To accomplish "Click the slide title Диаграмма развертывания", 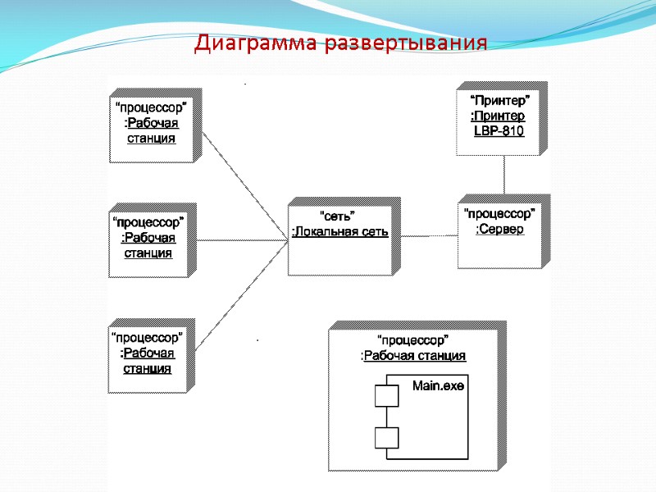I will point(340,43).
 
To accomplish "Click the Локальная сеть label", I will point(340,232).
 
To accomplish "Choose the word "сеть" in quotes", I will point(336,216).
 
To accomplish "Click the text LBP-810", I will point(499,131).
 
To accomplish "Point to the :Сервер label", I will point(499,229).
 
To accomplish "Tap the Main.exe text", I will point(438,385).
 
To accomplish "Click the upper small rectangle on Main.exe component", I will point(386,397).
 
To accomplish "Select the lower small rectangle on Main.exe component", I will point(386,438).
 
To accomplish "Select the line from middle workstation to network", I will point(242,240).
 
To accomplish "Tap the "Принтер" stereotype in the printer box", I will point(499,100).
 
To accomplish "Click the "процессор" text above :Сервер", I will point(499,213).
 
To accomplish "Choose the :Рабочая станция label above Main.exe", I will point(413,356).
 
